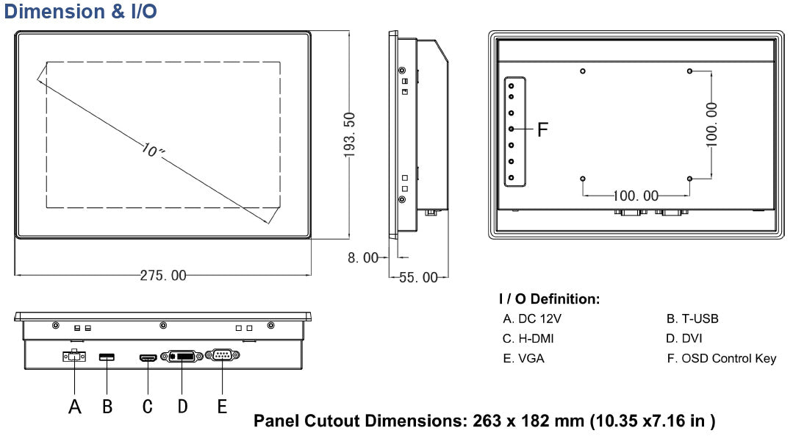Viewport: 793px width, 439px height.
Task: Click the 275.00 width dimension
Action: pos(163,276)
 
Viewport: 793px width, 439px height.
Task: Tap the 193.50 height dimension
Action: pos(350,135)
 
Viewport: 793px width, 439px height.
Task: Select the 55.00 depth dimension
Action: pos(418,277)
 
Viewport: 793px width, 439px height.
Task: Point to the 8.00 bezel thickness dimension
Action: pos(364,258)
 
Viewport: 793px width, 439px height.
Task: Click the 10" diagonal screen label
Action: pos(154,151)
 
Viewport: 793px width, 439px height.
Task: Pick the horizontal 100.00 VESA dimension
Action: pos(636,196)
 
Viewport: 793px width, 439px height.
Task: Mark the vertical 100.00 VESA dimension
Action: pos(711,124)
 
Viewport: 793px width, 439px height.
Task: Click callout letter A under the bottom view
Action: pos(74,406)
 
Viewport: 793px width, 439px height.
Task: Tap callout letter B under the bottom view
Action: pos(107,406)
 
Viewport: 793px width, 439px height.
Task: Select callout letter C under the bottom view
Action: pos(147,406)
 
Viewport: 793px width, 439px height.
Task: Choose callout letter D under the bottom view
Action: pos(182,406)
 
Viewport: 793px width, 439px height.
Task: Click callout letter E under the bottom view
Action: pos(222,406)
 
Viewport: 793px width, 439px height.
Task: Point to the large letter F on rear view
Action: pos(542,130)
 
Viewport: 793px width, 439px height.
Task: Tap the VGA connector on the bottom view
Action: pos(221,357)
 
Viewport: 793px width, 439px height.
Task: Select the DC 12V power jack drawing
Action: pos(73,357)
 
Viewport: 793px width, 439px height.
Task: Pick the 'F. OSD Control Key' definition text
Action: pos(721,358)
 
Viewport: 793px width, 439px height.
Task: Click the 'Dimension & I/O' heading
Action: pos(81,12)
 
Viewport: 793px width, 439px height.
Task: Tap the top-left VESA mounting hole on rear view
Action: pos(583,71)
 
